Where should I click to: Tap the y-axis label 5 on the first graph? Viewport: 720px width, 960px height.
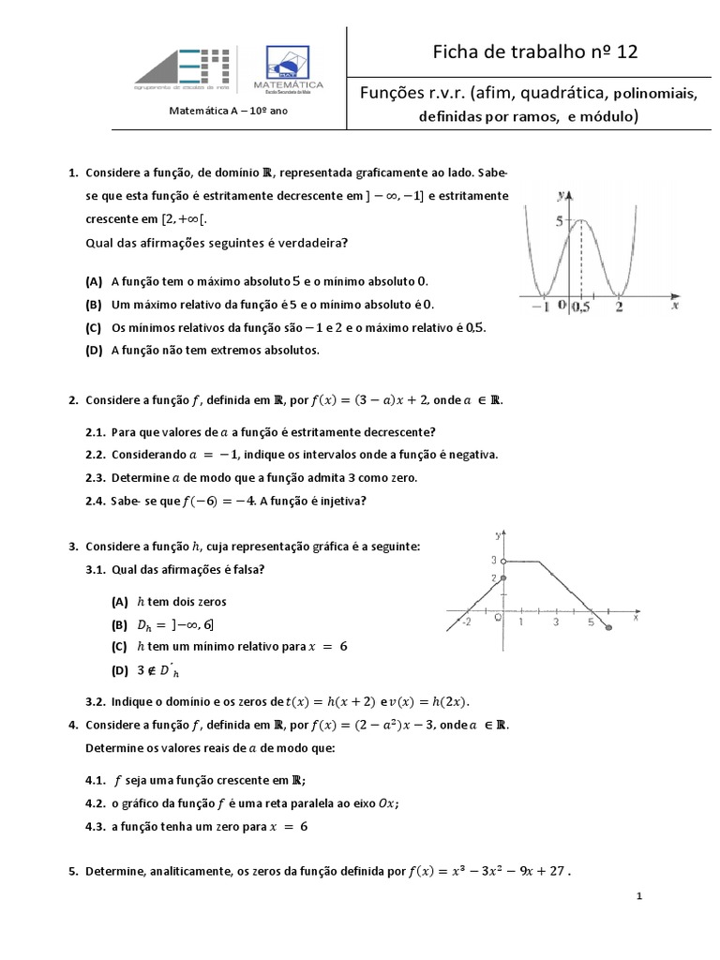(559, 221)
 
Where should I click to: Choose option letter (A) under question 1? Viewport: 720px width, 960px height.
(93, 281)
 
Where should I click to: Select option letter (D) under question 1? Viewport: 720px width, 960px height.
(93, 350)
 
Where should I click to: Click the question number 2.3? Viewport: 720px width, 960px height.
(97, 477)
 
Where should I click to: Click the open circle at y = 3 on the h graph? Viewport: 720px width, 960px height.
(503, 562)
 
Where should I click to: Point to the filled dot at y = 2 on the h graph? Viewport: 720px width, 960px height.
(503, 578)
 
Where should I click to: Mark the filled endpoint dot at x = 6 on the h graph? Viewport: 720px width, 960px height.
(609, 627)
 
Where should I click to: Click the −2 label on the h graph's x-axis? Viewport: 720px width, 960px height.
(466, 622)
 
